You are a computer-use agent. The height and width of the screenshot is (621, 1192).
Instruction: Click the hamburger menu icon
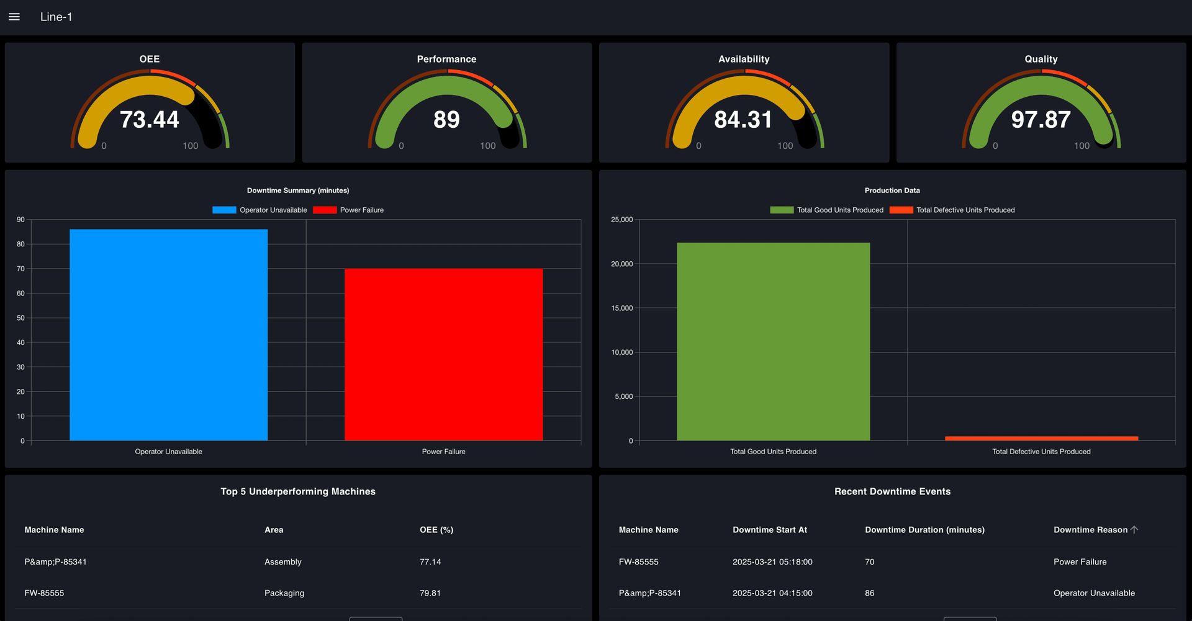click(x=14, y=17)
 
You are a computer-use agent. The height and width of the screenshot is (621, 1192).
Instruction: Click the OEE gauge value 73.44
click(x=149, y=119)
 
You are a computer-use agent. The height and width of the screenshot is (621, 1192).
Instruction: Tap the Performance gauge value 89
click(x=446, y=119)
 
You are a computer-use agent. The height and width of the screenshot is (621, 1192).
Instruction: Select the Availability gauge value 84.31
click(x=743, y=119)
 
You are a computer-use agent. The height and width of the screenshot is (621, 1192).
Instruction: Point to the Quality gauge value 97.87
click(x=1041, y=119)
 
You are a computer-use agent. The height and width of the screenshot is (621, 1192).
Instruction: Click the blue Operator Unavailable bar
click(x=168, y=335)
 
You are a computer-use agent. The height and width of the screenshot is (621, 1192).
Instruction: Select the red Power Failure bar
click(x=443, y=354)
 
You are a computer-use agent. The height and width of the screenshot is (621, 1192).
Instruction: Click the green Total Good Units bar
click(x=773, y=341)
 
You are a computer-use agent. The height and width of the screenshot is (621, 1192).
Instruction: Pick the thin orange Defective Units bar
click(x=1041, y=438)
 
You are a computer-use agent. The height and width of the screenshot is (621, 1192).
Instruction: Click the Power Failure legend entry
click(x=349, y=210)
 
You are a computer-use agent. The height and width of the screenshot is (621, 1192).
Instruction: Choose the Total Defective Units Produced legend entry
click(x=952, y=210)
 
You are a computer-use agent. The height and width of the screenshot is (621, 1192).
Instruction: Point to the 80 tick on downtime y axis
click(x=20, y=244)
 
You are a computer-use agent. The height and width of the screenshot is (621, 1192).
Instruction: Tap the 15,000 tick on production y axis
click(x=621, y=308)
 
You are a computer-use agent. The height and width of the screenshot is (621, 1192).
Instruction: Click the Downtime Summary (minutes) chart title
click(x=298, y=190)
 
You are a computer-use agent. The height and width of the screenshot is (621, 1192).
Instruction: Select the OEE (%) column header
click(x=436, y=530)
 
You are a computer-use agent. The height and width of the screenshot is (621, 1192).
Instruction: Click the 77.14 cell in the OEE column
click(x=430, y=562)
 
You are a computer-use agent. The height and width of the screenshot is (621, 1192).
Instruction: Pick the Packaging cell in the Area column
click(x=284, y=593)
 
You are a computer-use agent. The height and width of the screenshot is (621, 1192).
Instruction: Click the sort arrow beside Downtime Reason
click(x=1134, y=530)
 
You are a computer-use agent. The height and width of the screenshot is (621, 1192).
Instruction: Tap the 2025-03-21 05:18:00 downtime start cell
click(x=772, y=562)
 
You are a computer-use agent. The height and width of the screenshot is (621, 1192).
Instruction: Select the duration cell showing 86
click(x=869, y=593)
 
